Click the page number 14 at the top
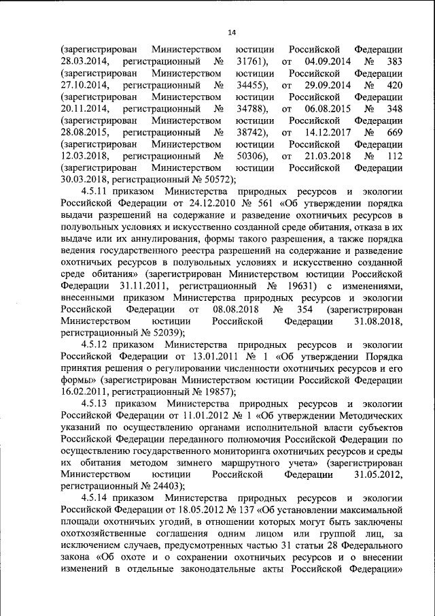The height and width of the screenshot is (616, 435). (x=231, y=32)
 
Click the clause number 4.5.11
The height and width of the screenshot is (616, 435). (x=94, y=192)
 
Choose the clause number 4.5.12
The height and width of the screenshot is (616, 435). (x=94, y=345)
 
